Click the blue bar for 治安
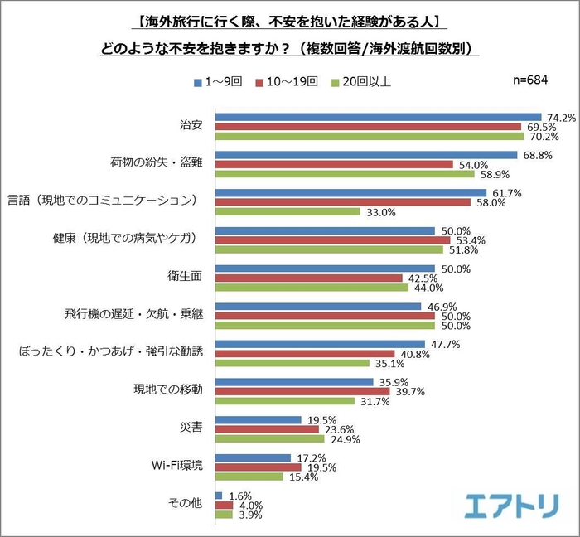(x=378, y=117)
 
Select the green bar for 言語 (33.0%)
(x=288, y=211)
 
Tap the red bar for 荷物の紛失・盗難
(x=334, y=165)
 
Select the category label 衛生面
(x=186, y=277)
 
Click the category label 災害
(x=191, y=428)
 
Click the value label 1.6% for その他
(x=234, y=496)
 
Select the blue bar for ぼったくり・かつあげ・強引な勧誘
(x=320, y=344)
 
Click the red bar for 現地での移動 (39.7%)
(x=302, y=391)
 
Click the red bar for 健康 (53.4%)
(x=332, y=240)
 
